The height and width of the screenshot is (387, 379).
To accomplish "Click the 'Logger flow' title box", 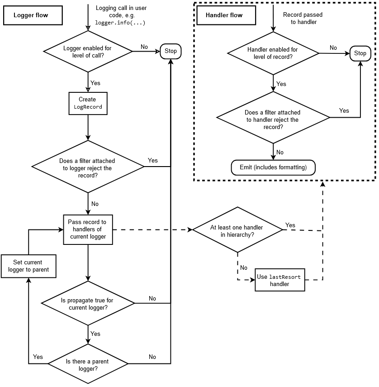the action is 33,15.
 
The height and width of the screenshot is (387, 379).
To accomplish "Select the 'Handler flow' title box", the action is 226,15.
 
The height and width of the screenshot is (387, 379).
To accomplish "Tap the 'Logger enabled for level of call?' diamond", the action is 88,51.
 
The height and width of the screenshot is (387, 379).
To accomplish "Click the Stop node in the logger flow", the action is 171,51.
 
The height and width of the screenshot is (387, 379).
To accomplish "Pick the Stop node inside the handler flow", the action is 360,53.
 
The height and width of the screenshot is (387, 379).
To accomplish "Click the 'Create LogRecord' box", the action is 88,103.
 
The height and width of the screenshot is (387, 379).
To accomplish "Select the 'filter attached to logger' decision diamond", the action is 88,167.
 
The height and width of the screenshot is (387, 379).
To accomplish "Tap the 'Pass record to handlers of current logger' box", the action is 88,229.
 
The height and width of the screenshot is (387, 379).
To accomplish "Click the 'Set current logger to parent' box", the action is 28,266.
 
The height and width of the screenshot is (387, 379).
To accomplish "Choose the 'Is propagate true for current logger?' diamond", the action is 88,303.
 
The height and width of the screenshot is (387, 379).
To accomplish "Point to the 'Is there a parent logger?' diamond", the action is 88,363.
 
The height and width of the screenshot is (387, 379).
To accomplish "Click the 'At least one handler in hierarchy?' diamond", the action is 237,230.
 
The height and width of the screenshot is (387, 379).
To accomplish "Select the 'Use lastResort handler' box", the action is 280,280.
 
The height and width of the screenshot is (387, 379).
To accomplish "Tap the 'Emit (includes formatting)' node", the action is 273,167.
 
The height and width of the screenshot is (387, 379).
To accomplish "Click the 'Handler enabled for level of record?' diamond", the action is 273,53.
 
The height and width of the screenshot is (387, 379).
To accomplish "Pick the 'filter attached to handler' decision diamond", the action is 273,117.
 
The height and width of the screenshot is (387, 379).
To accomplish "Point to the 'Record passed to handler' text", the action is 303,18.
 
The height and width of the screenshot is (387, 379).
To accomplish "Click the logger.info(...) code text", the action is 120,23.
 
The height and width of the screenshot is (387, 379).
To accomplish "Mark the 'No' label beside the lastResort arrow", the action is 244,268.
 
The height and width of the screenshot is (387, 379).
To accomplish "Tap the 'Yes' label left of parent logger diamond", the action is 38,357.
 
